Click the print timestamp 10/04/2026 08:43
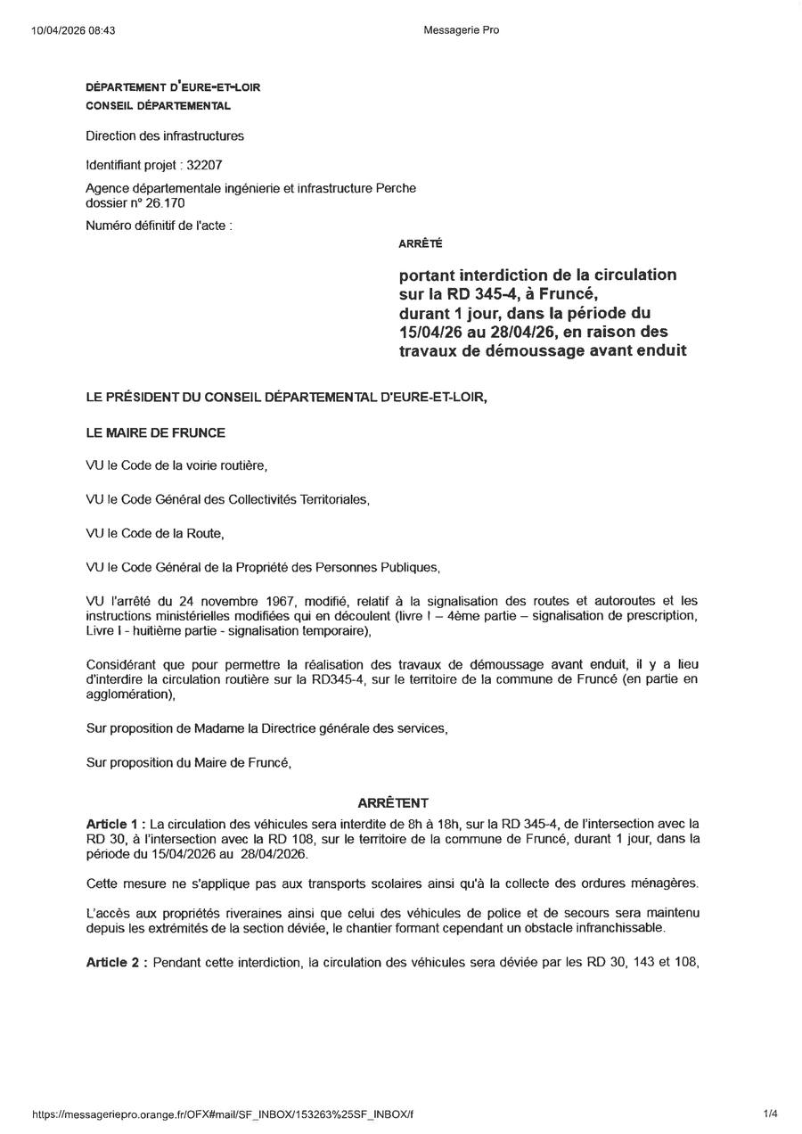73,30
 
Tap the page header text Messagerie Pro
462,30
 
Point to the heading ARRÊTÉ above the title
421,243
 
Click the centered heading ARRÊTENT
393,802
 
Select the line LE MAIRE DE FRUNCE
155,432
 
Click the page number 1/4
770,1113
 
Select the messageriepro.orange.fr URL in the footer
223,1114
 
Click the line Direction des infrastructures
165,136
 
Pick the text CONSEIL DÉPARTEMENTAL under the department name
158,106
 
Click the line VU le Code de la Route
154,533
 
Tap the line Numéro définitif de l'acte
159,226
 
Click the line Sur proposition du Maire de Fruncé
188,762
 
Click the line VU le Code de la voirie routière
176,465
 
